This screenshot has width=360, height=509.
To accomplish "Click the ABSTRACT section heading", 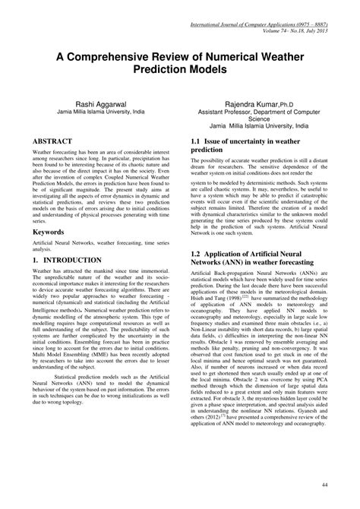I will click(x=52, y=141).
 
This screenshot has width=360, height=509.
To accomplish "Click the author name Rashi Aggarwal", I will click(x=96, y=100).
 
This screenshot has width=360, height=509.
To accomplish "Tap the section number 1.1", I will click(x=198, y=142).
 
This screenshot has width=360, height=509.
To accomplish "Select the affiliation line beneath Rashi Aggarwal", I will click(x=96, y=109).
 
